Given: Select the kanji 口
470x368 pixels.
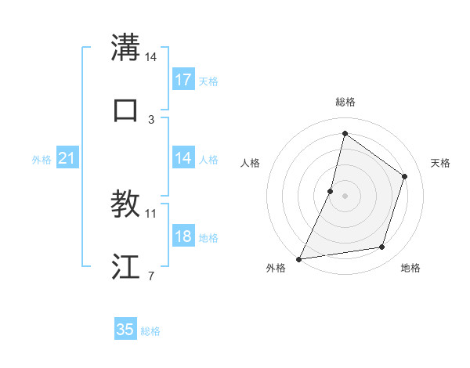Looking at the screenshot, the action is pyautogui.click(x=125, y=110).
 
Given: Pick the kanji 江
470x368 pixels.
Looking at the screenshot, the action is pyautogui.click(x=125, y=266).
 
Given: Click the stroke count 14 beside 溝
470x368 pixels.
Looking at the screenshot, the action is pyautogui.click(x=151, y=57).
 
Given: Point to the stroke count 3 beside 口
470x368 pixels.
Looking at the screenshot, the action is pyautogui.click(x=151, y=120).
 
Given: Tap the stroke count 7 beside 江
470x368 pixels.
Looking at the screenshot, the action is pyautogui.click(x=151, y=276).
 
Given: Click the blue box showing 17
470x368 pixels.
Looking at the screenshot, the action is pyautogui.click(x=183, y=80).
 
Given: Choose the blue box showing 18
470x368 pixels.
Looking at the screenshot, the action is pyautogui.click(x=183, y=237).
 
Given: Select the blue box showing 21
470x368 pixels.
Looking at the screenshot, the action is pyautogui.click(x=67, y=159).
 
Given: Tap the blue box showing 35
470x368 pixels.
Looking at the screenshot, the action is pyautogui.click(x=125, y=330).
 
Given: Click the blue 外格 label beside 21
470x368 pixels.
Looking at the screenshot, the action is pyautogui.click(x=42, y=160).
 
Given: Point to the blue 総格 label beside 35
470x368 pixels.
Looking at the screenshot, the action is pyautogui.click(x=150, y=331).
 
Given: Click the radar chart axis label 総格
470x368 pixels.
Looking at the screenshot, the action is pyautogui.click(x=345, y=102).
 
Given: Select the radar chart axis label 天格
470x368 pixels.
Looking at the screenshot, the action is pyautogui.click(x=441, y=163).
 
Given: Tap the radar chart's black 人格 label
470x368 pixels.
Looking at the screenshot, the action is pyautogui.click(x=250, y=163).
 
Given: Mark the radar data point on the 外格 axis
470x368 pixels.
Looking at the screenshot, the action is pyautogui.click(x=299, y=258).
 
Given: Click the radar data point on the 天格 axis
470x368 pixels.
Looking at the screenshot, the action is pyautogui.click(x=405, y=176).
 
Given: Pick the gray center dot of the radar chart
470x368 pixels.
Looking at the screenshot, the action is pyautogui.click(x=345, y=196).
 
